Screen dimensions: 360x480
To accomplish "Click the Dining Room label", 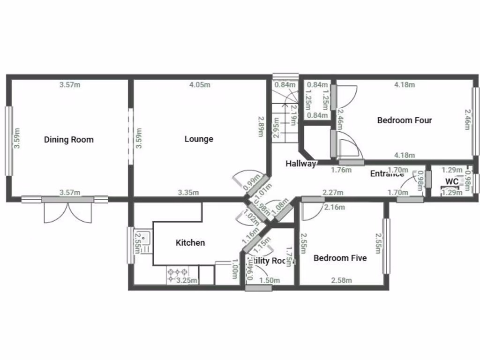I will pos(69,139).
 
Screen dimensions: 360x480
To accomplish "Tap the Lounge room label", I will pos(199,139).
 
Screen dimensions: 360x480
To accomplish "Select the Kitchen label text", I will pos(190,242).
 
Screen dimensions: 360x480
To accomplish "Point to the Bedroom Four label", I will pos(405,120).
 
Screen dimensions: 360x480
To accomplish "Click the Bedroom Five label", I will pos(340,258).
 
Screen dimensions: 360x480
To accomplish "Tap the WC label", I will pos(452,181).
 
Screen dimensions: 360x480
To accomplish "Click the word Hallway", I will pos(301,164).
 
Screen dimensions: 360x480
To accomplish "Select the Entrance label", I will pos(387,173).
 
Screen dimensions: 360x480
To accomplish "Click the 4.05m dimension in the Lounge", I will pos(200,85).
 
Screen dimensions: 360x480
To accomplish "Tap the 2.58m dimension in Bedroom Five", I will pos(341,280).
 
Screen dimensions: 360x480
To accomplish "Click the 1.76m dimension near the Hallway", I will pos(341,170).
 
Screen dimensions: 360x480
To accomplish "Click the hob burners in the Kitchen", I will pos(178,273).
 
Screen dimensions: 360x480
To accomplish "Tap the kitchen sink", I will pos(143,240).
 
